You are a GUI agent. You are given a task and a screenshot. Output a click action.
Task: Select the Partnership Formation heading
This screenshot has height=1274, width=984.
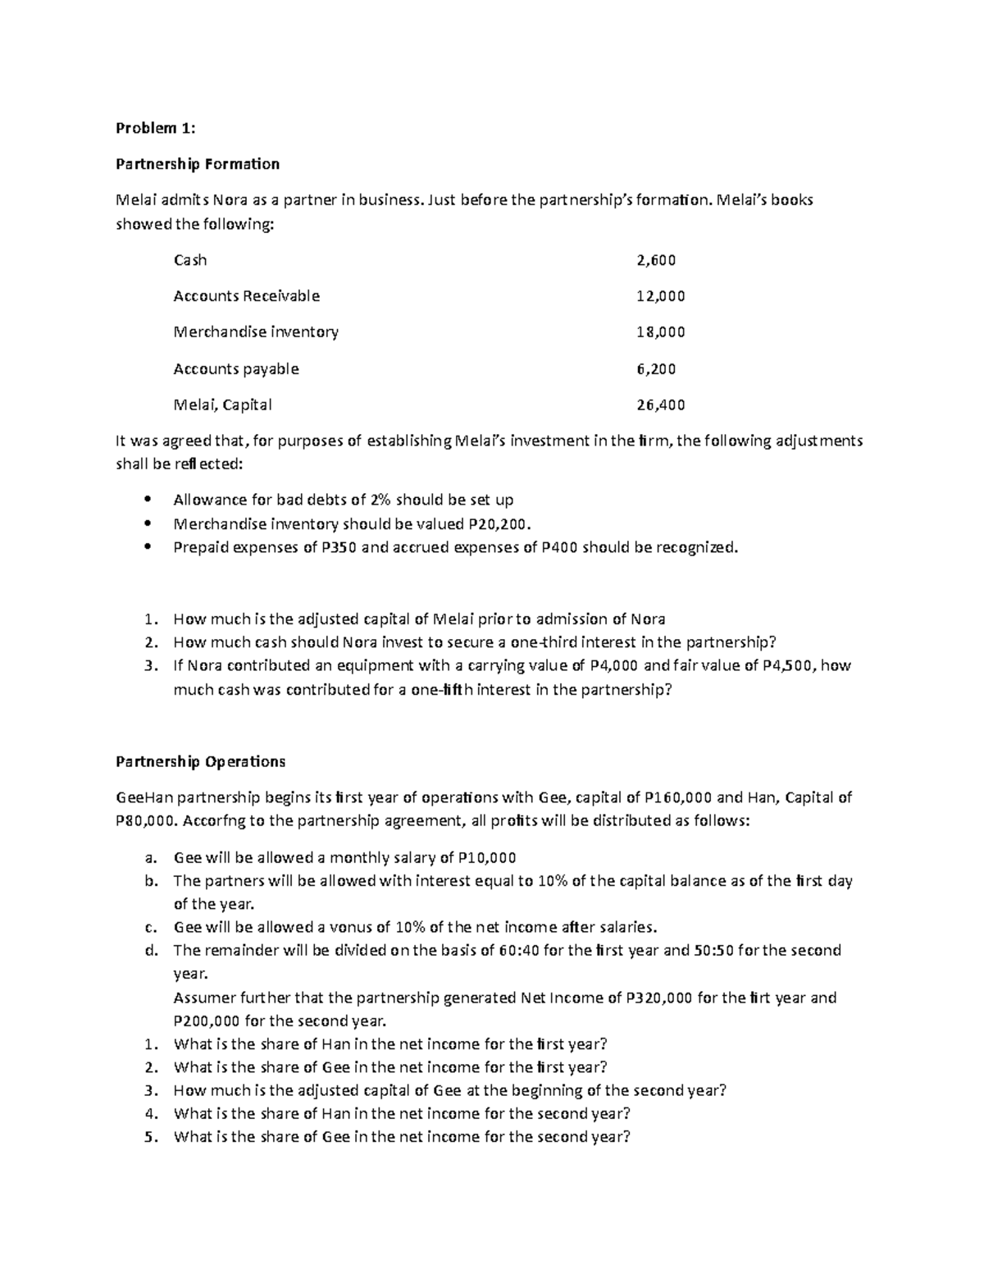point(197,164)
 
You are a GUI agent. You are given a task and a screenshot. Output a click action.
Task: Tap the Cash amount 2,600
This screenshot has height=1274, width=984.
point(656,260)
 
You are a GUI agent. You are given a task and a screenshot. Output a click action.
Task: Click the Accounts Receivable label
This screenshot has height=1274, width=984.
point(246,296)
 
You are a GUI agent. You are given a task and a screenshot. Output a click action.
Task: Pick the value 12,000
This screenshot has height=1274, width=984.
point(660,296)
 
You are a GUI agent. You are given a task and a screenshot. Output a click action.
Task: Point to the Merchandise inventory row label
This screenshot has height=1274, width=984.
point(256,332)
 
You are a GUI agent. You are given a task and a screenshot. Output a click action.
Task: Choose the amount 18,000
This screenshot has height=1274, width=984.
point(660,332)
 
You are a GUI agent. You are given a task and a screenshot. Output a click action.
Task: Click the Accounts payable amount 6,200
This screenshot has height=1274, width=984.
point(656,369)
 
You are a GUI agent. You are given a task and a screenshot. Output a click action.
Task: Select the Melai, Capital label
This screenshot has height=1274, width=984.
point(222,404)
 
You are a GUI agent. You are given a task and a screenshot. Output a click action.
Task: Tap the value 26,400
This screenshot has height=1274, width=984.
point(660,404)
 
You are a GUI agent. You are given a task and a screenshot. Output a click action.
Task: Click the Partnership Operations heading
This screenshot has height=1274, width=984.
point(200,761)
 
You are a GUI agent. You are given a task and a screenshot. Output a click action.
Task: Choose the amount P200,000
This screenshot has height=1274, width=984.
point(207,1021)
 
